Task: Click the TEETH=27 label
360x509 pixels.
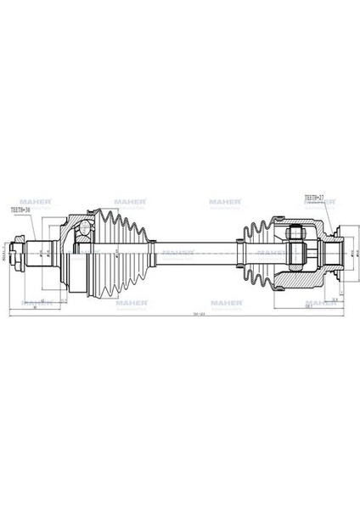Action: [x=315, y=197]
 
